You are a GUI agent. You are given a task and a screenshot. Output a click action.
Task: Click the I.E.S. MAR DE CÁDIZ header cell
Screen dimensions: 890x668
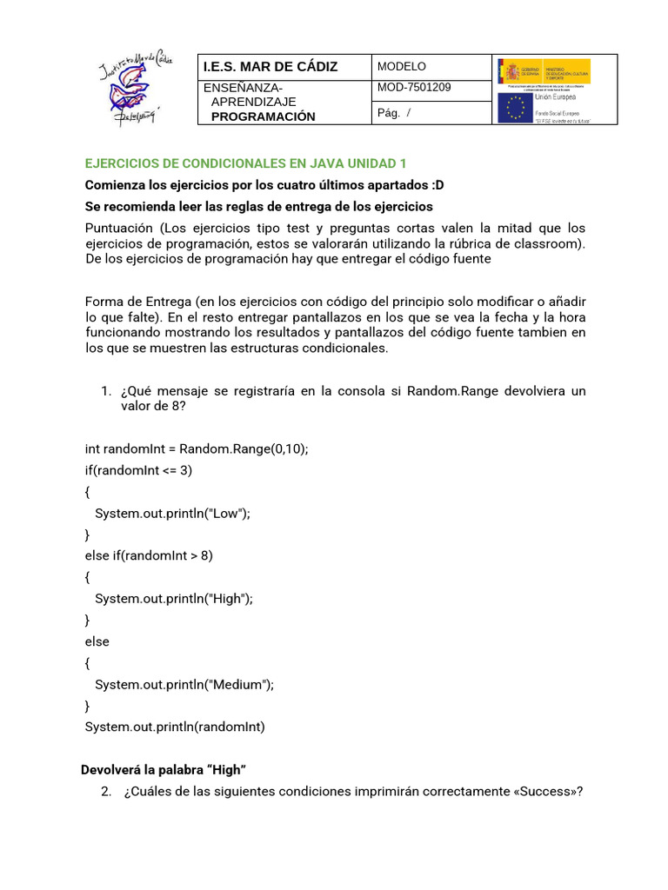[x=270, y=67]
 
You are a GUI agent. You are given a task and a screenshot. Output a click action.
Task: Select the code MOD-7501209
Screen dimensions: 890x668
[x=414, y=88]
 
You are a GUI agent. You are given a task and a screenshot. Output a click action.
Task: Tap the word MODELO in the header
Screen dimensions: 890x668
[x=401, y=67]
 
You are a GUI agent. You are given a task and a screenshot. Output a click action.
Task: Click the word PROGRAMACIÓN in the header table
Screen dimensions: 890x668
[x=264, y=116]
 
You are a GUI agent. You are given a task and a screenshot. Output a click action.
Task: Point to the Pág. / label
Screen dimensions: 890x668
[x=394, y=114]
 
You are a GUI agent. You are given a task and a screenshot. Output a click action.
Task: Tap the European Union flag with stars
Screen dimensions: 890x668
[x=515, y=108]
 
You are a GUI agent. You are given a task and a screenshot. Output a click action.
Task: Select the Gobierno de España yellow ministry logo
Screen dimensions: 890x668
[x=544, y=71]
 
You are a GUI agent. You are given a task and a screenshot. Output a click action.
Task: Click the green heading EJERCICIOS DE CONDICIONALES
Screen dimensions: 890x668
[x=245, y=163]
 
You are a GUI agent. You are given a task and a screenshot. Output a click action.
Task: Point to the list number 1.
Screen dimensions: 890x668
[x=107, y=391]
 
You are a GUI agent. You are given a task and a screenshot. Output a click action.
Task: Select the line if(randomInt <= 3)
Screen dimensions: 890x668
[x=138, y=470]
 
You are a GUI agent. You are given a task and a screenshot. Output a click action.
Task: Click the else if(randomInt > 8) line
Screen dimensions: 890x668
[x=149, y=555]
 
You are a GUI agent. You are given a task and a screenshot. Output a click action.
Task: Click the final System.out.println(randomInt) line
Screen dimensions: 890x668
[x=175, y=727]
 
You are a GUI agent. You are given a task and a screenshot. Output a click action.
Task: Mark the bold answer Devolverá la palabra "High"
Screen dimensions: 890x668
[x=164, y=770]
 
